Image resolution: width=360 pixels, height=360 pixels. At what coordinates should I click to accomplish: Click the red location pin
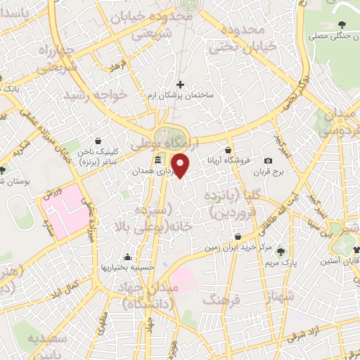pos(181,165)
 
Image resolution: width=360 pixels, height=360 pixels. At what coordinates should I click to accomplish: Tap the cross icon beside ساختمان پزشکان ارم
pos(180,84)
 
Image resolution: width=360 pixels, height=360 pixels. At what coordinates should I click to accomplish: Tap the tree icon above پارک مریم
pos(281,251)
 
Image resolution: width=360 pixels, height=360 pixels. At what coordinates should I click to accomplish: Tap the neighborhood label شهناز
pos(271,302)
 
